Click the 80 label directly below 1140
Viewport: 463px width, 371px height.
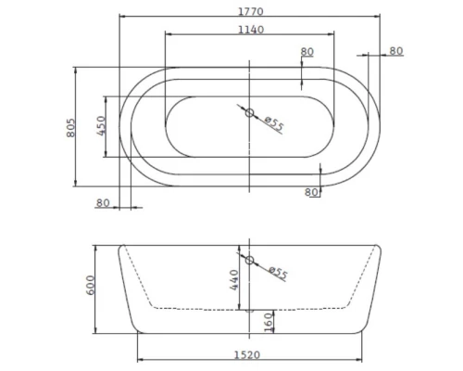307,52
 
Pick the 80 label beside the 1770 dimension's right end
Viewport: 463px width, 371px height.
396,51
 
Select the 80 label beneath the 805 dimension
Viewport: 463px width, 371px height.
103,202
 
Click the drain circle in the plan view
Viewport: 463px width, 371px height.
249,113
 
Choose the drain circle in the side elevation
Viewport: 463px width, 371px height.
249,260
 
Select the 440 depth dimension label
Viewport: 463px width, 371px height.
235,275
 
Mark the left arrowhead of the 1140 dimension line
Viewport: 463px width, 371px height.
168,36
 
